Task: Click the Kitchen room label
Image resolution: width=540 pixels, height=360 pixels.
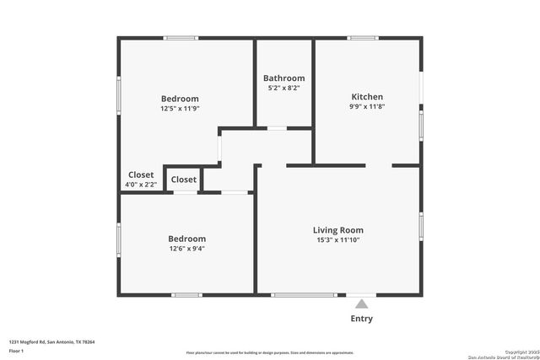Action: pyautogui.click(x=367, y=97)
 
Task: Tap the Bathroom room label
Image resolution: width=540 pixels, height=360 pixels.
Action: pyautogui.click(x=283, y=78)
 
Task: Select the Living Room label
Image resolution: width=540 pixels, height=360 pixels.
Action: pyautogui.click(x=337, y=230)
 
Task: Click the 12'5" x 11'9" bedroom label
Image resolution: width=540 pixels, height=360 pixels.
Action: pyautogui.click(x=180, y=108)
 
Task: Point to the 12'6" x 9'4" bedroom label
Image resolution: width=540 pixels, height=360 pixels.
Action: pyautogui.click(x=186, y=249)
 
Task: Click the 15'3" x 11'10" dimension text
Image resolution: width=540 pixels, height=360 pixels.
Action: pyautogui.click(x=337, y=241)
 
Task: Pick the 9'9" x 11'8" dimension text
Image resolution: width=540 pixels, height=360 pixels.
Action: pyautogui.click(x=367, y=107)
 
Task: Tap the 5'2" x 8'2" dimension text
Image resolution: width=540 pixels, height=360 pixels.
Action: pyautogui.click(x=283, y=88)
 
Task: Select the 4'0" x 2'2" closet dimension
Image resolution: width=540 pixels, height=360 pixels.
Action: pyautogui.click(x=141, y=185)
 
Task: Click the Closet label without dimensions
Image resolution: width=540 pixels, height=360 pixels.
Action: pyautogui.click(x=184, y=180)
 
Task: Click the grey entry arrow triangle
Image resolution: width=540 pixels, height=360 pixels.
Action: pyautogui.click(x=361, y=303)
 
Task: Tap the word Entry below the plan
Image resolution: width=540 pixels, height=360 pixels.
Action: pyautogui.click(x=361, y=319)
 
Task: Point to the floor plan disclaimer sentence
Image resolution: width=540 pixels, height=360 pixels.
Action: pyautogui.click(x=270, y=353)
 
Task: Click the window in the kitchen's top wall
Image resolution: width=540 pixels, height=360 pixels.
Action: pyautogui.click(x=363, y=37)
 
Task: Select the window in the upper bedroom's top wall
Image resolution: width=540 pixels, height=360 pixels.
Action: pyautogui.click(x=181, y=37)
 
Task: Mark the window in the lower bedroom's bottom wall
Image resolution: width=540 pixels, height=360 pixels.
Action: pyautogui.click(x=186, y=294)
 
